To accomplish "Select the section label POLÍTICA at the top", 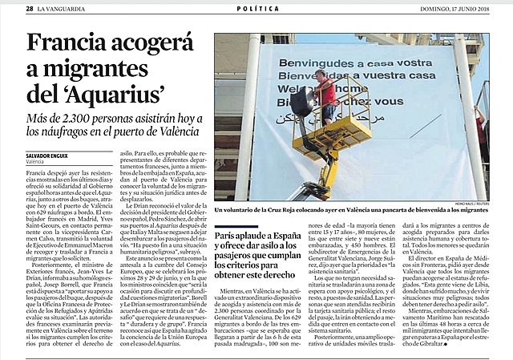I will point(257,8).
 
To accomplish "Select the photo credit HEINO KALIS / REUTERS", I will point(467,204).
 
